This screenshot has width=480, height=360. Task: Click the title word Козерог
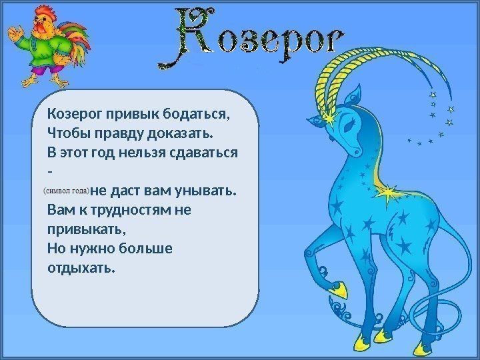point(251,38)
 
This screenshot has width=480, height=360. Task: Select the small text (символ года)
point(67,191)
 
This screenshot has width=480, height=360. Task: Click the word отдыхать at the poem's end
point(82,268)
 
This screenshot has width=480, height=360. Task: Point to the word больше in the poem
point(145,248)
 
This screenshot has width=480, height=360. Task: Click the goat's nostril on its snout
point(356,151)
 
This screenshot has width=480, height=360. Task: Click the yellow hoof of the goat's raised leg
point(339,289)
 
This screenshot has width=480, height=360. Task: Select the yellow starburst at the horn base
point(329,118)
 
